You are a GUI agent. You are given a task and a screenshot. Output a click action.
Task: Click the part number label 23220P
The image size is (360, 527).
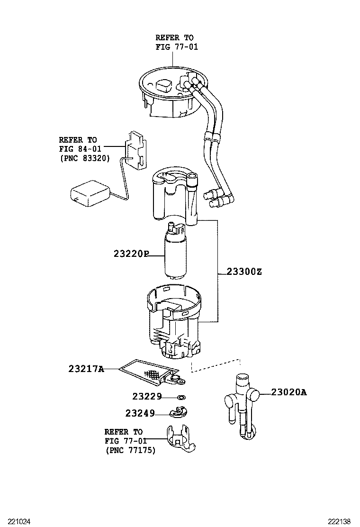click(131, 254)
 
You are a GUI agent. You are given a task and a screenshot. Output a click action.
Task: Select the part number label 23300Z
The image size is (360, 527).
click(244, 272)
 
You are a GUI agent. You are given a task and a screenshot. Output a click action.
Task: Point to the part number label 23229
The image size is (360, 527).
click(147, 396)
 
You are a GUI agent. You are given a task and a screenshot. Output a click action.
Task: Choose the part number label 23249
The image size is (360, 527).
click(140, 413)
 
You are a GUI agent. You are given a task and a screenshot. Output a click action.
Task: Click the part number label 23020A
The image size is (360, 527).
click(288, 392)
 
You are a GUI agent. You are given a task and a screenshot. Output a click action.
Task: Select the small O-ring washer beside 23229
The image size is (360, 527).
click(181, 397)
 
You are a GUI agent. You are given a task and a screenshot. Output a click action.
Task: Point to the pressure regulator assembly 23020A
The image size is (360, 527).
click(243, 403)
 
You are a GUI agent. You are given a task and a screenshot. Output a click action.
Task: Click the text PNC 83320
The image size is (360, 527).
click(85, 159)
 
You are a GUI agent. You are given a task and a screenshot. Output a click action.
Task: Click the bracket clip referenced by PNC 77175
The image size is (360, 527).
click(180, 438)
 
